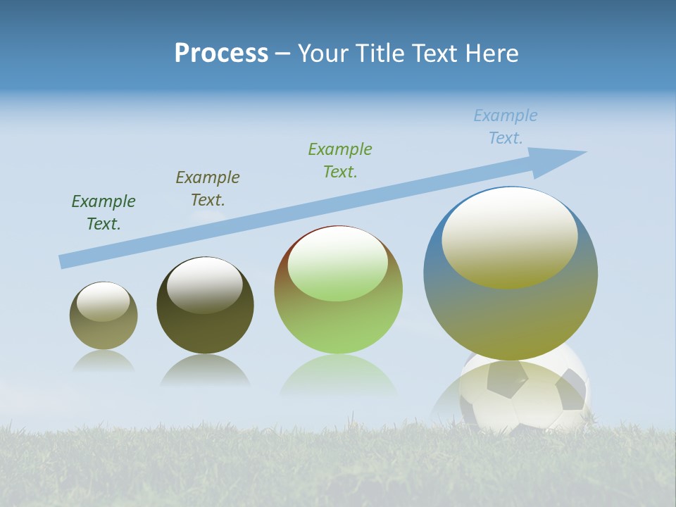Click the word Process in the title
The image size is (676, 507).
(x=221, y=54)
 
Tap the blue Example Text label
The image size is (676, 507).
(x=505, y=127)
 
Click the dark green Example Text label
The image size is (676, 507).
(x=104, y=213)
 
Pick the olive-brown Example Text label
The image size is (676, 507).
(x=208, y=189)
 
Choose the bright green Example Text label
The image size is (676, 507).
(x=340, y=161)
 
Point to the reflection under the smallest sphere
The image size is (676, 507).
(x=104, y=362)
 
